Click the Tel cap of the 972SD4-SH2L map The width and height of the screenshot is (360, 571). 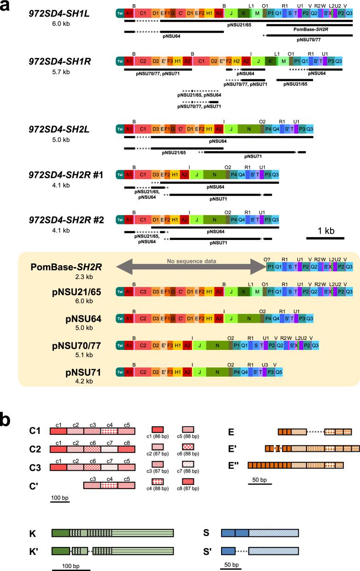[x=120, y=129]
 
